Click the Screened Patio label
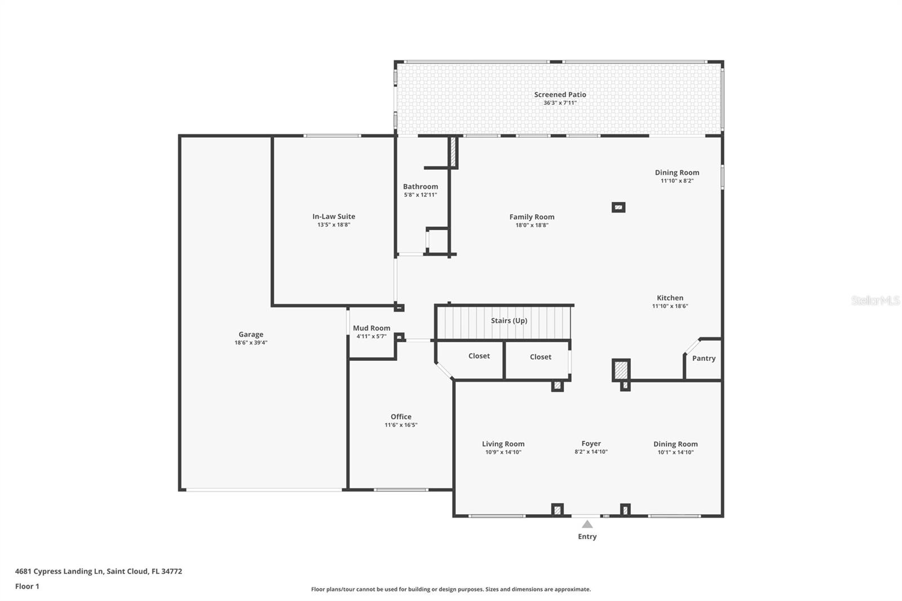pyautogui.click(x=560, y=95)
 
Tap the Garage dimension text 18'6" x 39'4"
pyautogui.click(x=251, y=343)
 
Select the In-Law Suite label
pyautogui.click(x=334, y=216)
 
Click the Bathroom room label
pyautogui.click(x=420, y=187)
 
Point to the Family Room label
pyautogui.click(x=532, y=217)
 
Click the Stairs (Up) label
pyautogui.click(x=509, y=321)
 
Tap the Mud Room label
pyautogui.click(x=372, y=328)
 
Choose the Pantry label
pyautogui.click(x=704, y=359)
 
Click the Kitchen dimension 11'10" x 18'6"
pyautogui.click(x=670, y=306)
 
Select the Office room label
pyautogui.click(x=401, y=417)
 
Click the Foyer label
pyautogui.click(x=591, y=444)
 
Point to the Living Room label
pyautogui.click(x=503, y=444)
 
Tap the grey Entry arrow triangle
pyautogui.click(x=587, y=524)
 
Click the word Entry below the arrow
pyautogui.click(x=587, y=537)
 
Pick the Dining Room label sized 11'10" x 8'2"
pyautogui.click(x=676, y=173)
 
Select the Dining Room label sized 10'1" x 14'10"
pyautogui.click(x=675, y=444)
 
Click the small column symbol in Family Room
pyautogui.click(x=618, y=207)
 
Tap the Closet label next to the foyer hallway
pyautogui.click(x=540, y=357)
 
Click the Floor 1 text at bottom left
pyautogui.click(x=27, y=586)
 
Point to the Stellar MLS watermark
pyautogui.click(x=875, y=300)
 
